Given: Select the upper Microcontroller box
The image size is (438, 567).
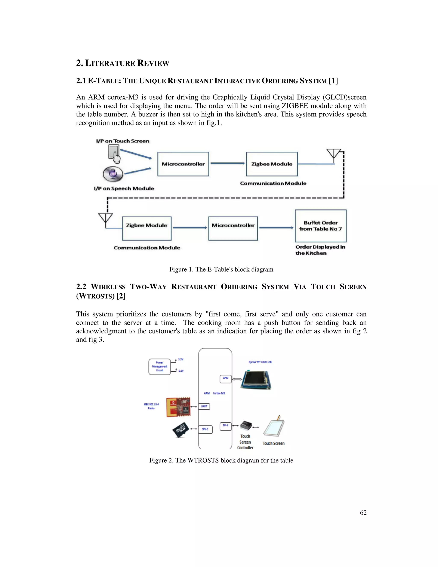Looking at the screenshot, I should coord(183,164).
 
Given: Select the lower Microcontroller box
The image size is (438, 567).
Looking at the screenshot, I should coord(233,228).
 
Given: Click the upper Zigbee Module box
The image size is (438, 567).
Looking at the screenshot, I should coord(272,164).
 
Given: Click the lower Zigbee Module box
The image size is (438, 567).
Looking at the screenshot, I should coord(146,228).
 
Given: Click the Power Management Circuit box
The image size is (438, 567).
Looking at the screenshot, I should coord(160,367).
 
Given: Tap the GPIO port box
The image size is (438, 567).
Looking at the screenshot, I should coord(225,379).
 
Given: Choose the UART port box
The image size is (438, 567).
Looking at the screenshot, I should coord(204,406).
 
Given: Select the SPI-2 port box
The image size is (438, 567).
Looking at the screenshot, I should coord(205,429).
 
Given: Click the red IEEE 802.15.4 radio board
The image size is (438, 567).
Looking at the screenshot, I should coord(178,407).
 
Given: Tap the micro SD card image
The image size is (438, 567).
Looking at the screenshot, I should coord(181,430).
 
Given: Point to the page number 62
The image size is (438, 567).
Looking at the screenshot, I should coord(363,512).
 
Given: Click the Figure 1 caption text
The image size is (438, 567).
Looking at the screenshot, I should coord(221,269).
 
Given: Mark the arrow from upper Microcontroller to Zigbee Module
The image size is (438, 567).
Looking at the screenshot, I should coord(227,163).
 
